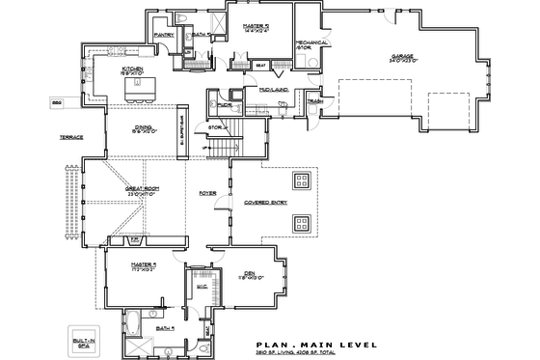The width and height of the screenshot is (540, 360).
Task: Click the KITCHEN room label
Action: tap(132, 69)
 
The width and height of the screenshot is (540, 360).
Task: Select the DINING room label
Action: tap(142, 130)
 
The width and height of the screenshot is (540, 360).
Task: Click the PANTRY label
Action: tap(163, 35)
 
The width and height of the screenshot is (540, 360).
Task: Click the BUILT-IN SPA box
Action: tap(80, 339)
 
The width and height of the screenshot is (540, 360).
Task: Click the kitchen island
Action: tap(139, 89)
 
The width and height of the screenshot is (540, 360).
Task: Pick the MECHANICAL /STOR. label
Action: tap(307, 44)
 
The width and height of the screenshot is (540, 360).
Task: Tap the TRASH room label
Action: tap(314, 101)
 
